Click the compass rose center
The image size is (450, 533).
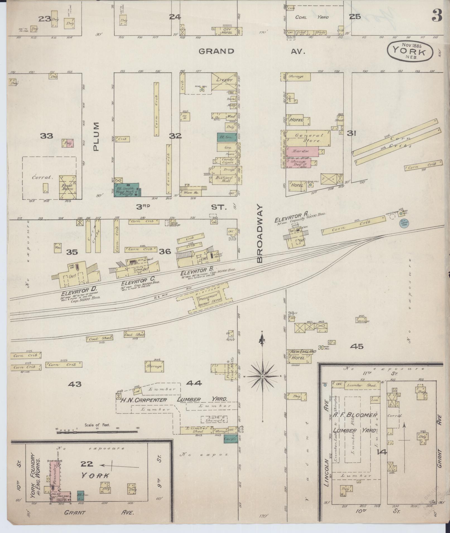pyautogui.click(x=262, y=376)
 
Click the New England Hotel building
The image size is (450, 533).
pyautogui.click(x=299, y=357)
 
